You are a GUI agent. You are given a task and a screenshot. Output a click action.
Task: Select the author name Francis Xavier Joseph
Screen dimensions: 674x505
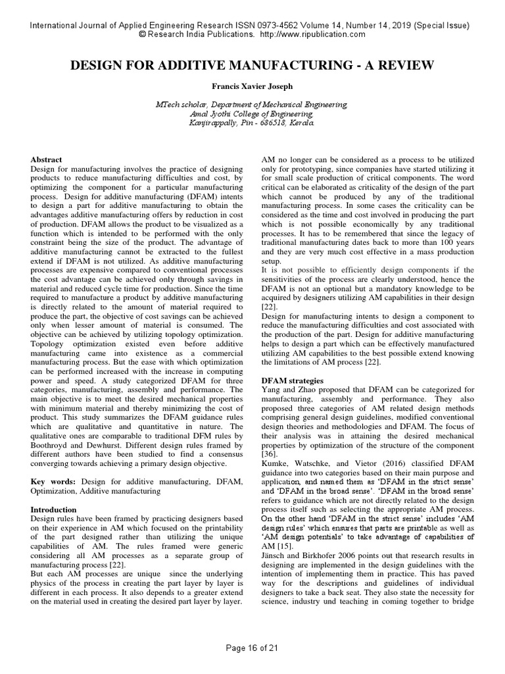point(252,86)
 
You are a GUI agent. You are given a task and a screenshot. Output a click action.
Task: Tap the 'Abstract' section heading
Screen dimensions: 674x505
point(47,160)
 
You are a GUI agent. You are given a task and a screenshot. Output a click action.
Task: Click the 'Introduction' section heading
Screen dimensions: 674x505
point(54,509)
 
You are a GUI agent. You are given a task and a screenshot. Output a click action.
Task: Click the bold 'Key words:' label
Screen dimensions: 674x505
point(51,482)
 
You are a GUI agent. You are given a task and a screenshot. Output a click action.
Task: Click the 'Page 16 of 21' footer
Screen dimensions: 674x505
point(252,648)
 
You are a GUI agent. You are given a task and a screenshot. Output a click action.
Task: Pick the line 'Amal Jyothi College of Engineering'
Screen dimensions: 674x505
point(252,114)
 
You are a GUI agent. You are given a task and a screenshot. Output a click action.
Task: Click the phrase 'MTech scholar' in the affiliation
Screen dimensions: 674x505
point(178,105)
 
